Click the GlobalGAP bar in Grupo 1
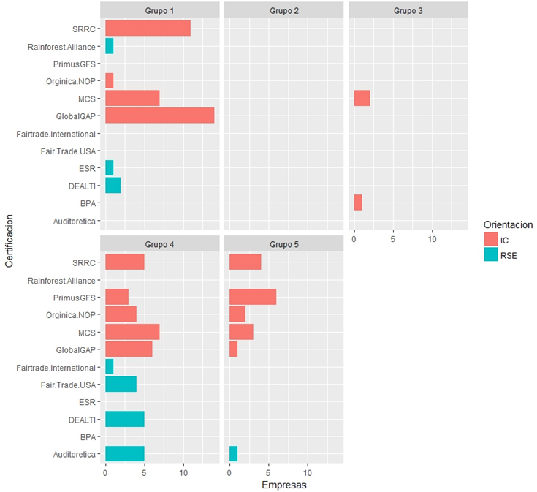[159, 116]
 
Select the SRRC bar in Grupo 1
[148, 28]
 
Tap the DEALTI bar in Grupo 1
[113, 186]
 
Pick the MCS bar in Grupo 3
[362, 98]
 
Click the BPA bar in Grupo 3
[358, 203]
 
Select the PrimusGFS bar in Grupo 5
[253, 297]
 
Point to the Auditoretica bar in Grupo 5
[233, 454]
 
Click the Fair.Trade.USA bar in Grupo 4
[121, 384]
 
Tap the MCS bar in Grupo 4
[132, 331]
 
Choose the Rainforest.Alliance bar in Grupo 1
[109, 46]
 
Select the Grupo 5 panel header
[283, 243]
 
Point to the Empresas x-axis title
[284, 484]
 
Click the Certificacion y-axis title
[8, 241]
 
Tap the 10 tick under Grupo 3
[432, 238]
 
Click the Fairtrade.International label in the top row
[56, 134]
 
